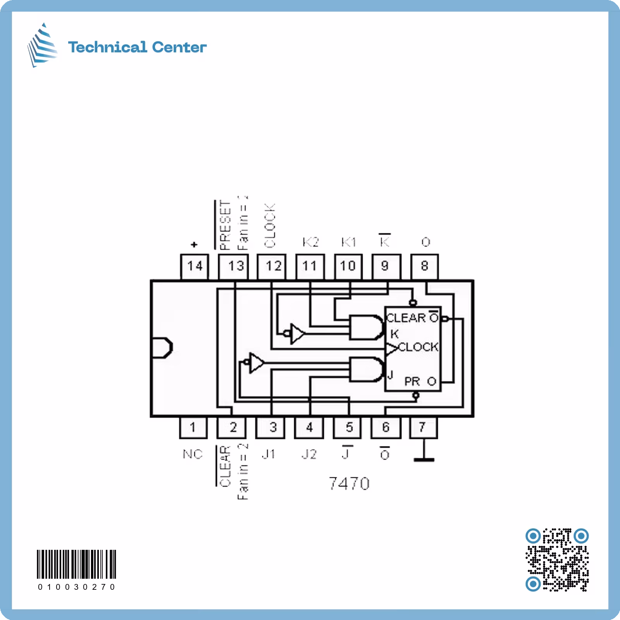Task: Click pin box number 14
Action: [x=195, y=266]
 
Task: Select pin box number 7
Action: [x=423, y=427]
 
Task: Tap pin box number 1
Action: [x=193, y=427]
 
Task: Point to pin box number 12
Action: [x=272, y=266]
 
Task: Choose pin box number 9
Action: [x=386, y=266]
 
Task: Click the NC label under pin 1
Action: [x=193, y=454]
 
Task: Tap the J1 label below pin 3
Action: [x=269, y=454]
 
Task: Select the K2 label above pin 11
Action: [x=310, y=243]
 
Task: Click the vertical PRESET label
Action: [x=225, y=225]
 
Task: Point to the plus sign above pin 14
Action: [x=194, y=245]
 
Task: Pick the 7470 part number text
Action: [x=349, y=484]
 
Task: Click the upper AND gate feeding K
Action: [x=366, y=327]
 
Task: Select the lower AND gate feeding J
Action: [x=366, y=369]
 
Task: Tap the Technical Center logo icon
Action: [x=43, y=45]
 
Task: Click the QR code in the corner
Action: [x=557, y=559]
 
